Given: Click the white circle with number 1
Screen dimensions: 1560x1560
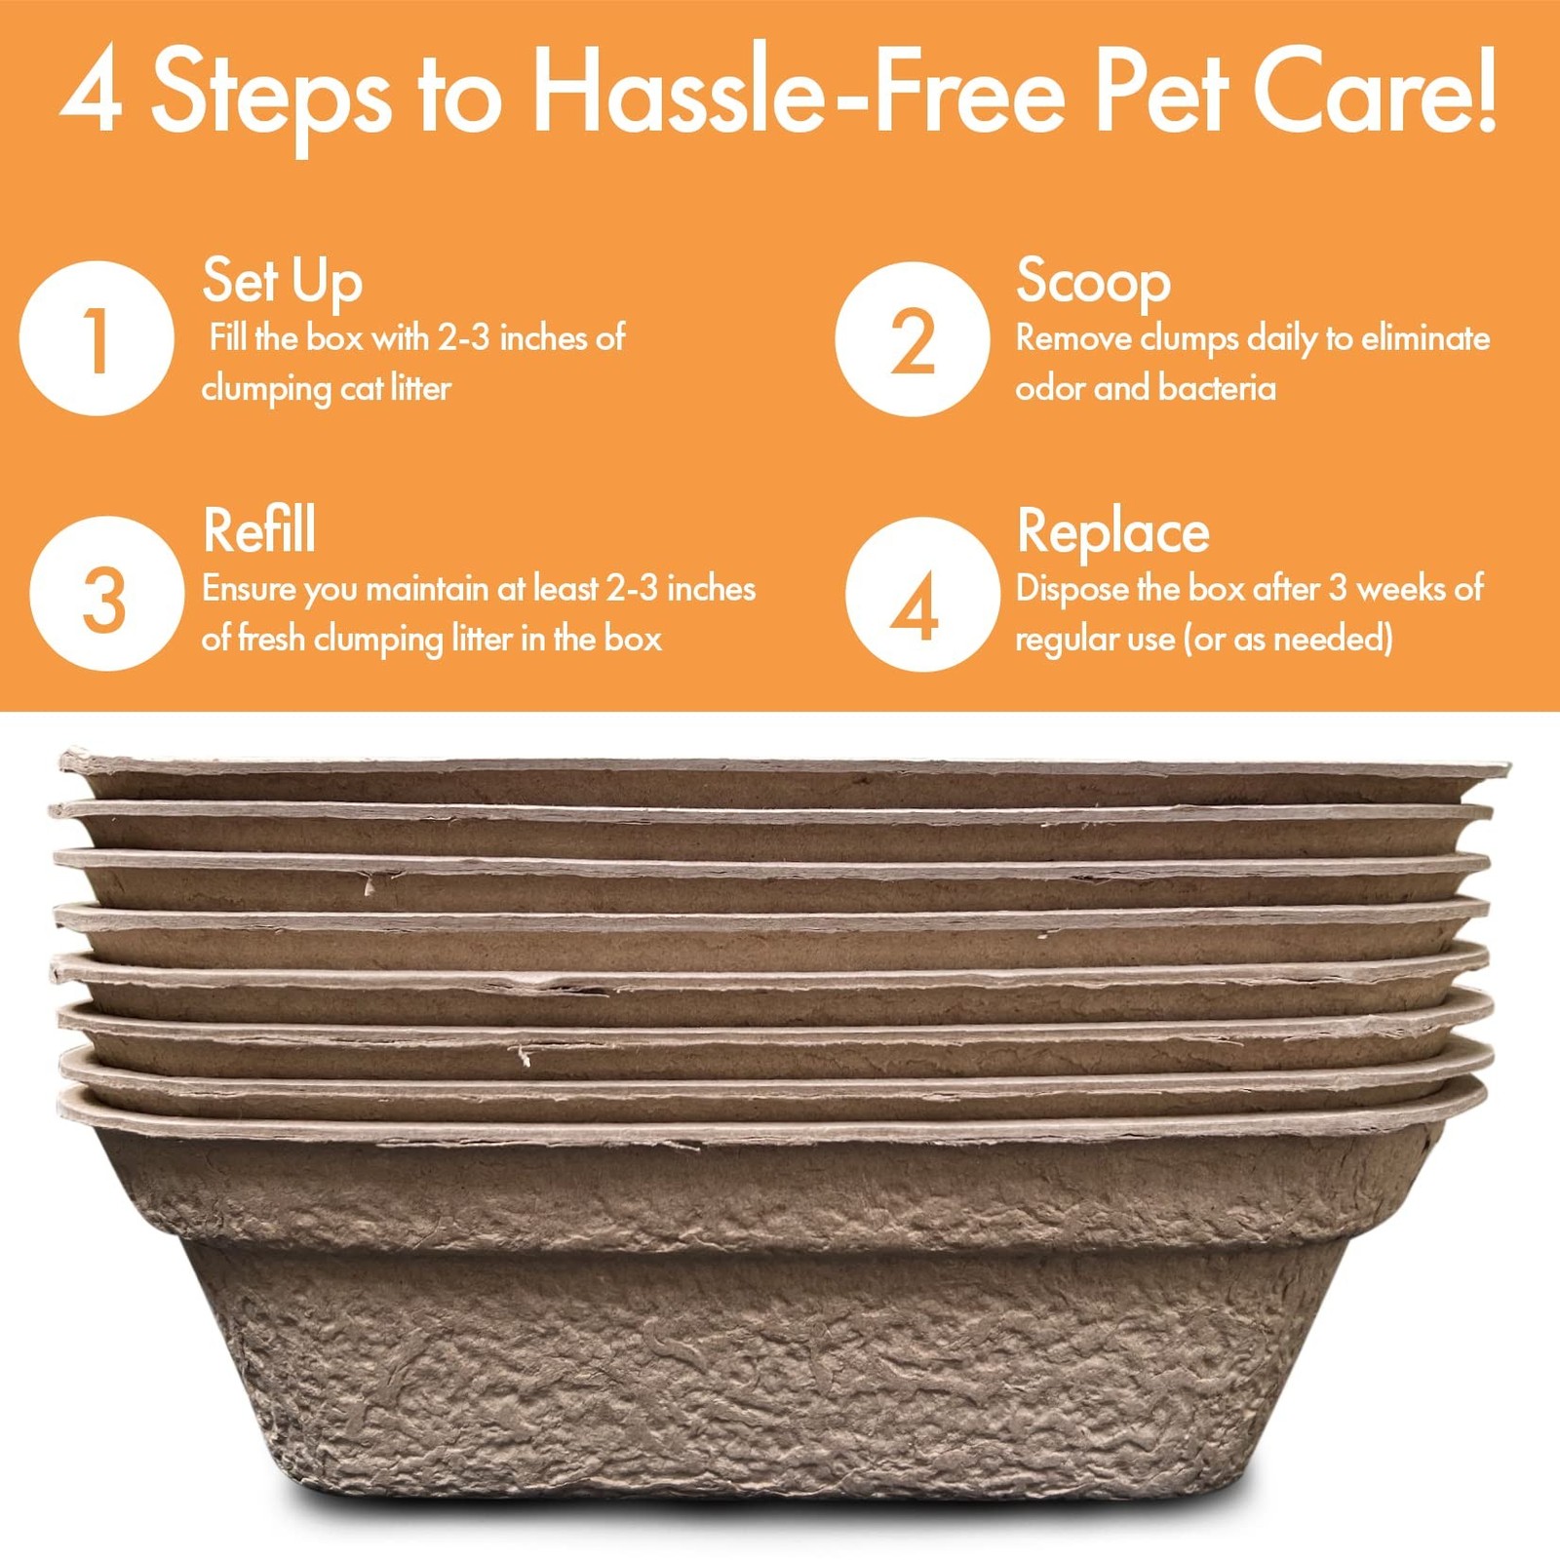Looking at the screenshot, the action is click(x=97, y=338).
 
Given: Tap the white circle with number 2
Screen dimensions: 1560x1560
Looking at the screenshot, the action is click(x=913, y=339).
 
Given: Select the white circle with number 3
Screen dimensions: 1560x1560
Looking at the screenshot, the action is click(x=106, y=594).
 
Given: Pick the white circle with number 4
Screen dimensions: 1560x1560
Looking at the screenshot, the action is click(x=922, y=595).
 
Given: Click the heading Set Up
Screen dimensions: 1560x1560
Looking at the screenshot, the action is click(x=283, y=282).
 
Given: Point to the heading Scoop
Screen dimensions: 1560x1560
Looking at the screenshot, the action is click(x=1093, y=283).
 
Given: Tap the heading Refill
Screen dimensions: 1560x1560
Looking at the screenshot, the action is click(x=259, y=530).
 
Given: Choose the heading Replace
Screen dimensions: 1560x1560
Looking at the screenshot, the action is click(x=1113, y=533).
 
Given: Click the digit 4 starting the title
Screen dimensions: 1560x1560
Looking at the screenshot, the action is click(x=92, y=93).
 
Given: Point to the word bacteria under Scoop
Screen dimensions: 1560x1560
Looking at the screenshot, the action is click(x=1217, y=388).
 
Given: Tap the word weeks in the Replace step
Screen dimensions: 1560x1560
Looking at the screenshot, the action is click(x=1401, y=589).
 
